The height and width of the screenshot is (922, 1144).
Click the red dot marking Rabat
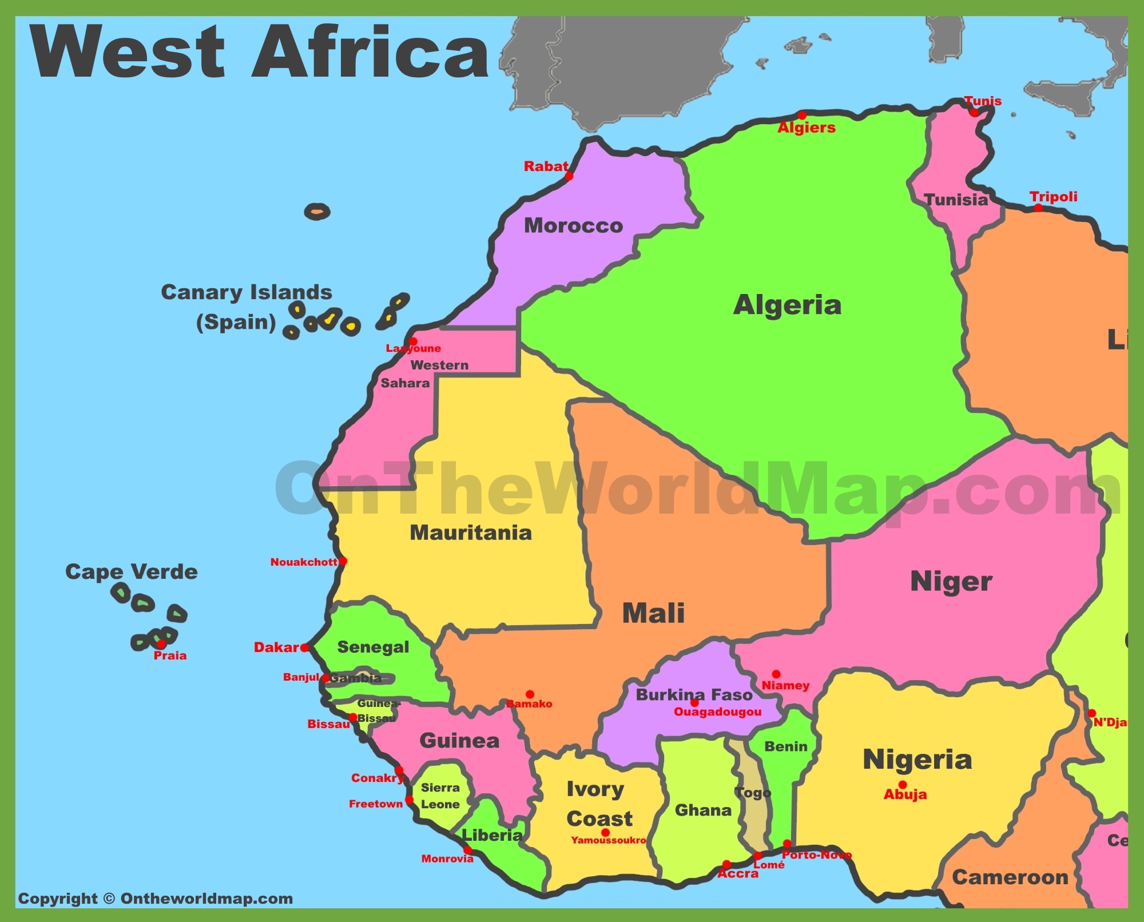pos(569,176)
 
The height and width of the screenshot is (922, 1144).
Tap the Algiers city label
pos(807,128)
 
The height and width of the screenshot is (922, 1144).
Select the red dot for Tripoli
pos(1039,208)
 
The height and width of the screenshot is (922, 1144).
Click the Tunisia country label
pos(956,200)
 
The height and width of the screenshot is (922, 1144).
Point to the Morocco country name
pos(573,225)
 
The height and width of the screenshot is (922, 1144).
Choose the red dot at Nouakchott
pos(343,561)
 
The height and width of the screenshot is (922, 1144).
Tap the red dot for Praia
pos(161,644)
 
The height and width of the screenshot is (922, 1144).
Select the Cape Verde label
pos(132,572)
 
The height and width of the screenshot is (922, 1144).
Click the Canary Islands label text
pos(246,292)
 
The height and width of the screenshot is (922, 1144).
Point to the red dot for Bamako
pos(530,694)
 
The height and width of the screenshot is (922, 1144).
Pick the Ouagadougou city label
pos(717,712)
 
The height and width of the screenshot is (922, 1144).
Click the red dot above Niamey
pos(776,674)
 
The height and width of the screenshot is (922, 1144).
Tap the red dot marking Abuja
pos(903,785)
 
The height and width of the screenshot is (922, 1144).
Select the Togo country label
pos(753,793)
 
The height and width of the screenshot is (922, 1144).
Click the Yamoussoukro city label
pos(609,840)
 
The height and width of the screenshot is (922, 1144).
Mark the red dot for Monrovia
pos(467,850)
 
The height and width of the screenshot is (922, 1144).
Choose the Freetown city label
pos(376,804)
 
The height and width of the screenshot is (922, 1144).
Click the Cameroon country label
pos(1010,877)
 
